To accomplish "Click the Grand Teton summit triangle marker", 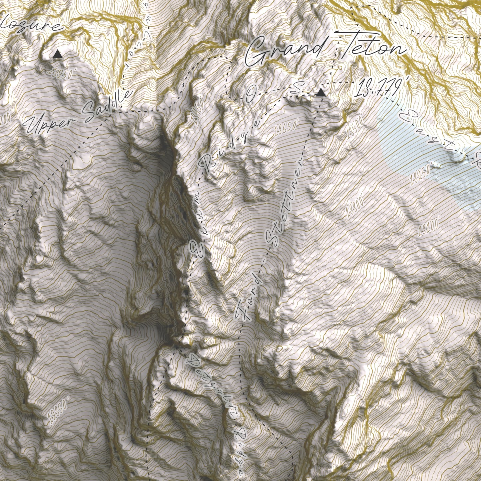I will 321,93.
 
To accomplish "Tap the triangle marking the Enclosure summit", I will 57,54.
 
